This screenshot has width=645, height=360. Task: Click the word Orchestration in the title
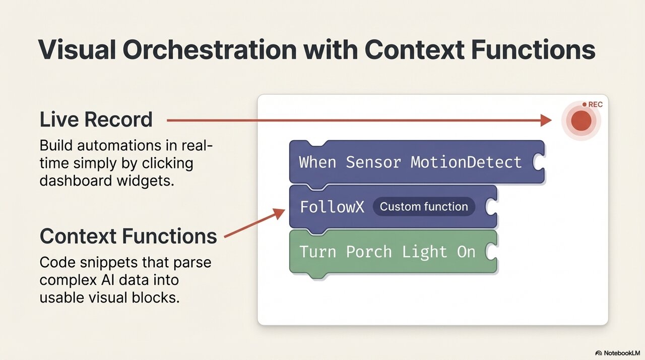coord(210,49)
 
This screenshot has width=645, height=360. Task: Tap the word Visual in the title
coord(77,49)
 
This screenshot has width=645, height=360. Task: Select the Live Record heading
coord(96,119)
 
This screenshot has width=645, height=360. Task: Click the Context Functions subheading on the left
coord(128,236)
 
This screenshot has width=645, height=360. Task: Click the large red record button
coord(581,121)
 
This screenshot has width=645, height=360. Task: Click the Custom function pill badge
coord(424,207)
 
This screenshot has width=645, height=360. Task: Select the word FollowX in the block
coord(332,207)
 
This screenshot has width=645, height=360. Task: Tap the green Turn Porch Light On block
coord(394,252)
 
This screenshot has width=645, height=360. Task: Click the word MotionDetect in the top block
coord(466,162)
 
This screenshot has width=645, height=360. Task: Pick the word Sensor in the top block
coord(373,162)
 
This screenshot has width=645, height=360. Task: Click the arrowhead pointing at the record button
coord(546,121)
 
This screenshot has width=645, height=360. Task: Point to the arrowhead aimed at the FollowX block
coord(279,213)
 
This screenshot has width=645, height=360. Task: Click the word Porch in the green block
coord(369,252)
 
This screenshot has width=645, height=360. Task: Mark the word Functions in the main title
coord(533,49)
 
